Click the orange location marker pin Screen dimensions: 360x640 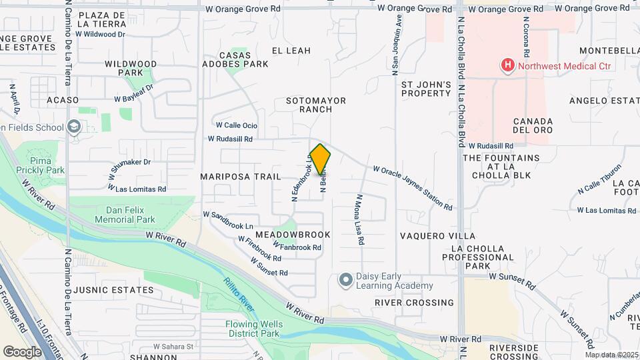click(320, 159)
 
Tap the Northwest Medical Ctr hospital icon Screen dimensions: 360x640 click(508, 65)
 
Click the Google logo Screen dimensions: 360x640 click(22, 351)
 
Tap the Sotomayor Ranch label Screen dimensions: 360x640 click(316, 105)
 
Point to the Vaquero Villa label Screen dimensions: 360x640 click(437, 236)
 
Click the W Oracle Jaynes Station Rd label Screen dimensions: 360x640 click(413, 188)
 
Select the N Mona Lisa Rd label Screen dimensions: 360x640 click(359, 219)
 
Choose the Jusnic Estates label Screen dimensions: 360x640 click(115, 290)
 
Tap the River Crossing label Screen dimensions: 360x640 click(414, 302)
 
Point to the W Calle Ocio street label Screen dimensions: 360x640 click(236, 125)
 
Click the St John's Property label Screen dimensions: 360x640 click(426, 89)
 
